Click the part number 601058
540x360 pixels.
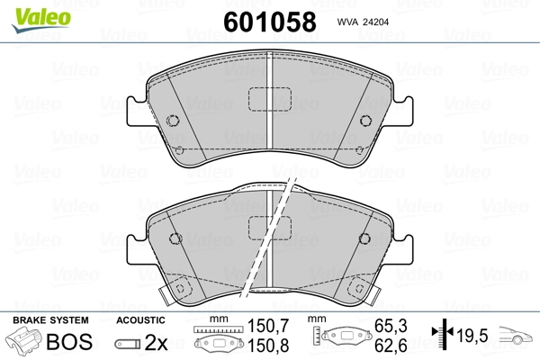pyautogui.click(x=270, y=22)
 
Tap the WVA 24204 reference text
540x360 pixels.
pyautogui.click(x=363, y=22)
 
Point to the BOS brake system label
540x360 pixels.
pyautogui.click(x=69, y=341)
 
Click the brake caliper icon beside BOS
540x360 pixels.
pyautogui.click(x=24, y=340)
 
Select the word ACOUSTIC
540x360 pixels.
pyautogui.click(x=140, y=320)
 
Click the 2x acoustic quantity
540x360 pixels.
pyautogui.click(x=156, y=342)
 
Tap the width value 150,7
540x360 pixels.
pyautogui.click(x=268, y=326)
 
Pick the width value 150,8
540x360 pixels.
pyautogui.click(x=268, y=346)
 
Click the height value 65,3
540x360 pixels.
pyautogui.click(x=391, y=326)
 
